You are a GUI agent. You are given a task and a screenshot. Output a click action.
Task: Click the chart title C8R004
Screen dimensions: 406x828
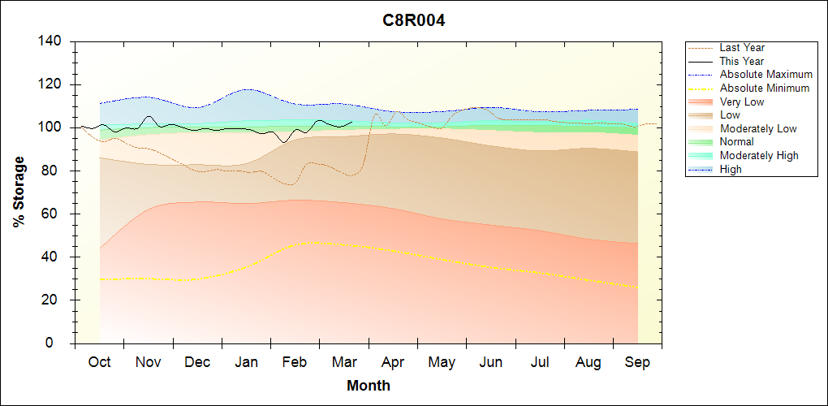(x=414, y=21)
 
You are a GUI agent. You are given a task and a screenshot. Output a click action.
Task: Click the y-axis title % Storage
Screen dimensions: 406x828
(x=19, y=196)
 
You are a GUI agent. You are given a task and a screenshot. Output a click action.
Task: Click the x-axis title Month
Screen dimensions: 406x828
(x=369, y=386)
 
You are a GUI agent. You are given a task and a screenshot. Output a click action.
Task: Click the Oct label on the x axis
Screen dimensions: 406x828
(x=99, y=362)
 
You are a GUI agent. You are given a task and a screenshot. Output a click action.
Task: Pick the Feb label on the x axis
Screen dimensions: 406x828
(x=295, y=362)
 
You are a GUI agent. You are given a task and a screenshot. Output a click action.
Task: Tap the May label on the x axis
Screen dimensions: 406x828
(x=442, y=362)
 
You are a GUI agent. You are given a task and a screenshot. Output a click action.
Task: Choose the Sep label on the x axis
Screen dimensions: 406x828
(x=637, y=362)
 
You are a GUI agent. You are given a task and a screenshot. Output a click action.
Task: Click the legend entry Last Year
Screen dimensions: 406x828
(x=742, y=48)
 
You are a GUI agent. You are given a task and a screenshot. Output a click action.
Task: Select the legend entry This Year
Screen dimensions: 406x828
(x=742, y=61)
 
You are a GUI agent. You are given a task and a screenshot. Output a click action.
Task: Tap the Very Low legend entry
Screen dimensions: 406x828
(x=742, y=101)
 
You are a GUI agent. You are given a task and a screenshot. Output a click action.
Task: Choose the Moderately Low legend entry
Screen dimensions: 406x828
(x=758, y=128)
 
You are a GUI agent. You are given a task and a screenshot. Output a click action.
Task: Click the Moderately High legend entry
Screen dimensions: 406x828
(x=759, y=155)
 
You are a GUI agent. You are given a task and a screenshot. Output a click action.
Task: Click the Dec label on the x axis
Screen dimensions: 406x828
(x=197, y=362)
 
